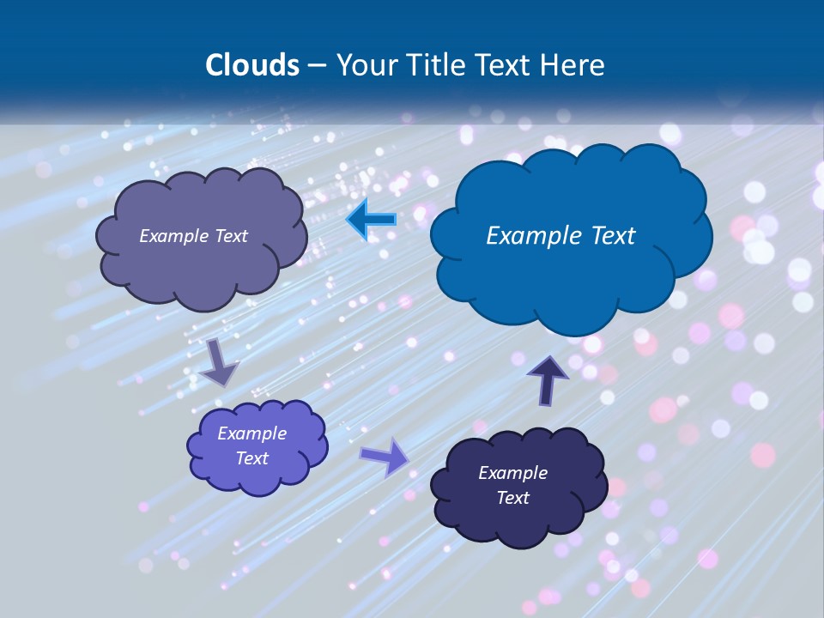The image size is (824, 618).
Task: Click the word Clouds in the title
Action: (x=252, y=65)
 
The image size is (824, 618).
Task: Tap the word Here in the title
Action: (x=574, y=65)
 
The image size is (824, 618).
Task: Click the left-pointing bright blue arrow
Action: (x=372, y=221)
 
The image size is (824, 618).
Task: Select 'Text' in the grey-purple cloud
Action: (x=230, y=236)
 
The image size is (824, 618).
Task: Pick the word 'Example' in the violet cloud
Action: (x=252, y=433)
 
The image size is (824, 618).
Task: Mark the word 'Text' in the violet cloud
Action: (x=252, y=458)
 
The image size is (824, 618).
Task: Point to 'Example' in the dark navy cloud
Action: (x=513, y=473)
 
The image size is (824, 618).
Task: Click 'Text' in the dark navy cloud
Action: (x=513, y=498)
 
